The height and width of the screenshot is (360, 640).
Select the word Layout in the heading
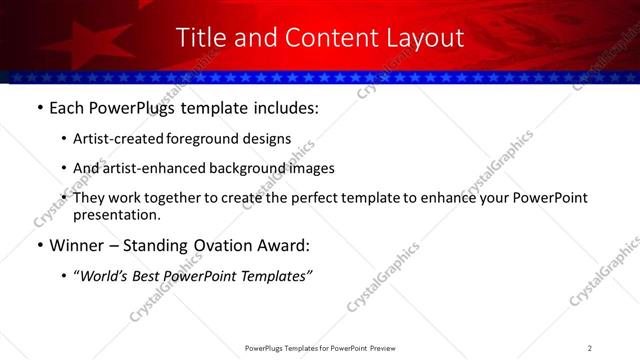tap(427, 38)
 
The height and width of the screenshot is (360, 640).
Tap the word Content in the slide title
tap(321, 38)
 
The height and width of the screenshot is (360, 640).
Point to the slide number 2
tap(590, 347)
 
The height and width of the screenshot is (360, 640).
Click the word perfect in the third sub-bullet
tap(330, 198)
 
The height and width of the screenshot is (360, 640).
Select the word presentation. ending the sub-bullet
tap(118, 215)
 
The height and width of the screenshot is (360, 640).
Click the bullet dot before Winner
tap(39, 245)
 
